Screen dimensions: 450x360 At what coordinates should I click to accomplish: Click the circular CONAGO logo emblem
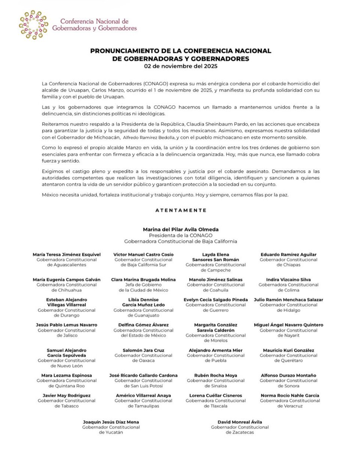(x=33, y=25)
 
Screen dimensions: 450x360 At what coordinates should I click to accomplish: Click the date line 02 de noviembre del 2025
(x=180, y=66)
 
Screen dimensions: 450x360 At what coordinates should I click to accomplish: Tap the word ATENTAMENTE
(x=181, y=210)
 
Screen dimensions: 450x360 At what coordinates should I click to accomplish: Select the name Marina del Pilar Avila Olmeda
(x=180, y=229)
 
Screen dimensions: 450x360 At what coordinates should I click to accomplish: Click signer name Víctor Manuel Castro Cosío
(x=143, y=255)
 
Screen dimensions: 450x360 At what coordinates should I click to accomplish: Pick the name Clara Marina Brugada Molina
(x=143, y=279)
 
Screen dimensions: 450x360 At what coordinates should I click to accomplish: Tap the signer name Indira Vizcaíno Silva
(x=288, y=279)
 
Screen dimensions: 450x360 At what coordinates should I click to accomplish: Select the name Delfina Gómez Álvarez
(x=143, y=325)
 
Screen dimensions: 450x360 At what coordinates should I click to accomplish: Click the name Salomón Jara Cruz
(x=143, y=350)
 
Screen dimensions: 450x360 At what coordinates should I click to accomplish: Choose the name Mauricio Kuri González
(x=288, y=350)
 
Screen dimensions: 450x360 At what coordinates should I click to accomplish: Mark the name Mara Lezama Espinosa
(x=66, y=375)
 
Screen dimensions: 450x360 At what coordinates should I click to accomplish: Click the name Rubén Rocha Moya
(x=216, y=375)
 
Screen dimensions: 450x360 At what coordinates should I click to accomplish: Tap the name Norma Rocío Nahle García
(x=290, y=395)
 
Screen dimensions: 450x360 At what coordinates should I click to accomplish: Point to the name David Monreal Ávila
(x=240, y=422)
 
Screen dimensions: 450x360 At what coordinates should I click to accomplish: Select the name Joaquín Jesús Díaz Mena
(x=111, y=422)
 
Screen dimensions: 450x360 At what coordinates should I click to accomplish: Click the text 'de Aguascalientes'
(x=66, y=265)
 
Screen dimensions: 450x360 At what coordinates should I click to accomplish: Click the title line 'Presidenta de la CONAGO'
(x=180, y=235)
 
